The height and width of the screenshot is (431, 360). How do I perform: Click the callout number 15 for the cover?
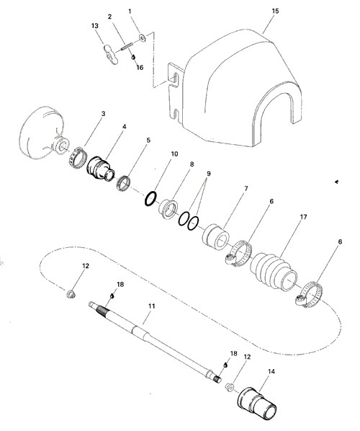coord(275,11)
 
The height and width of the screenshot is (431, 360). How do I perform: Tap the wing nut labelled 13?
coord(111,54)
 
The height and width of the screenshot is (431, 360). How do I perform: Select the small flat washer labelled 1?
coord(143,37)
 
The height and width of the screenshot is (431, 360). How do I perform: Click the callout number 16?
coord(140,67)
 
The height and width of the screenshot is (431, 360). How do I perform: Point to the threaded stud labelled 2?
coord(127,46)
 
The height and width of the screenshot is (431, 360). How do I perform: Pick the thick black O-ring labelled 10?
coord(150,198)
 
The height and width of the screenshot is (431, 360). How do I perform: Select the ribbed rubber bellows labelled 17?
coord(274,270)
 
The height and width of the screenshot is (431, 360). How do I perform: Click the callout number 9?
coord(209,174)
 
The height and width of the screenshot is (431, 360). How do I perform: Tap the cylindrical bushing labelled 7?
coord(216,237)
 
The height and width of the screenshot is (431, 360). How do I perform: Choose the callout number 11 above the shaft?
coord(152,306)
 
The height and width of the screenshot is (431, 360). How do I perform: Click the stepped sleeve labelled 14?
coord(257,401)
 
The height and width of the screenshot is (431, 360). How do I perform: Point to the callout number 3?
coord(103,114)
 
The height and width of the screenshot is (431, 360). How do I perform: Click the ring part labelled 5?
coord(123,182)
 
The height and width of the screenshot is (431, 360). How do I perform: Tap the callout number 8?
coord(192,164)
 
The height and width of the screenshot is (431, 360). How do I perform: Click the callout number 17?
coord(303,217)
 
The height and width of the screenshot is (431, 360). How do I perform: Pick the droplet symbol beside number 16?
coord(133,57)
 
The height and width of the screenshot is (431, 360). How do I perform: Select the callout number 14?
coord(271,371)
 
